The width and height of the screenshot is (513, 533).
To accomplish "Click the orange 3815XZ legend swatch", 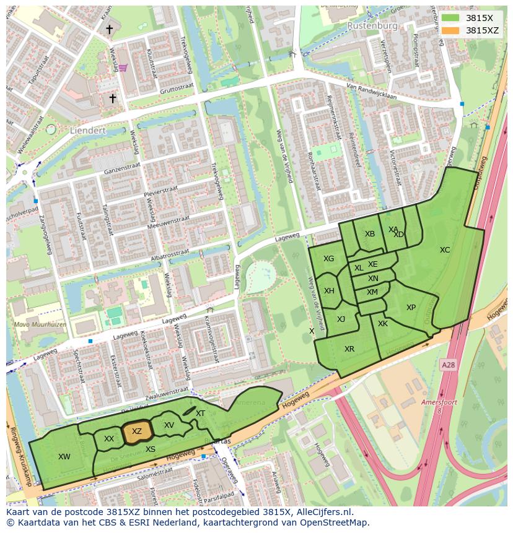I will click(x=450, y=30).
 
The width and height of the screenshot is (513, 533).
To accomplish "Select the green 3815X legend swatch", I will click(x=450, y=18).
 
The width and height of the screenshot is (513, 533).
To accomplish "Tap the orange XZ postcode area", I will click(x=137, y=432).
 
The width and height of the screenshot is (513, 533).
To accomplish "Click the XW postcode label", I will click(x=64, y=457).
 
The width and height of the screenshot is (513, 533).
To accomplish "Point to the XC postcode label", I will click(x=445, y=250).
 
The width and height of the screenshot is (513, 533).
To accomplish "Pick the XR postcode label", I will click(x=349, y=349).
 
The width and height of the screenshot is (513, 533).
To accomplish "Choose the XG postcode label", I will click(x=328, y=259).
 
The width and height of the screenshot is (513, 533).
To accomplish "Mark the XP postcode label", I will click(x=411, y=308).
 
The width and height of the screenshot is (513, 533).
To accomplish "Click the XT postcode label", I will click(x=200, y=414).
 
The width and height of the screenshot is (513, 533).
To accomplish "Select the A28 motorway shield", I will click(x=448, y=366).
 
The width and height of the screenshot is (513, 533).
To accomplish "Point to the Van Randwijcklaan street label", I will click(x=371, y=91).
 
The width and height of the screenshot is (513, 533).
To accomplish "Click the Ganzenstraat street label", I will click(x=119, y=167).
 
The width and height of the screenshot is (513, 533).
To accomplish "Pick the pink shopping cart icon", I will click(x=123, y=67).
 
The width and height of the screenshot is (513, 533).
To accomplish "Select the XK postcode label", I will click(x=382, y=324).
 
